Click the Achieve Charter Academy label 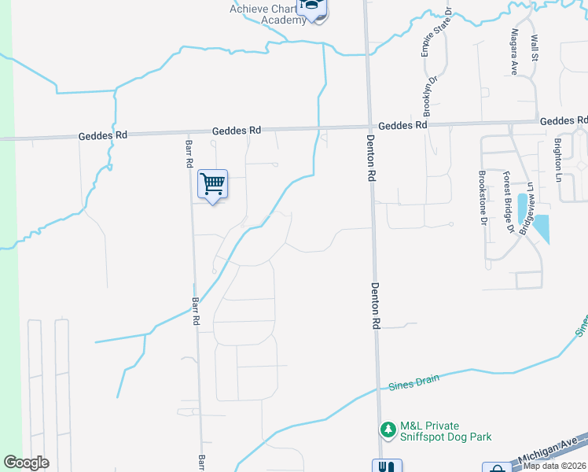click(266, 14)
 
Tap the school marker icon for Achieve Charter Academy click(314, 9)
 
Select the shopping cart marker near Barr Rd click(212, 185)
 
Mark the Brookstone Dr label click(482, 198)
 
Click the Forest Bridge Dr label click(508, 202)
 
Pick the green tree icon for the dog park click(387, 430)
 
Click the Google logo click(26, 463)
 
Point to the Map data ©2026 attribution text click(555, 466)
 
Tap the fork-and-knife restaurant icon click(384, 466)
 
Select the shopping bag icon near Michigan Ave click(497, 468)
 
